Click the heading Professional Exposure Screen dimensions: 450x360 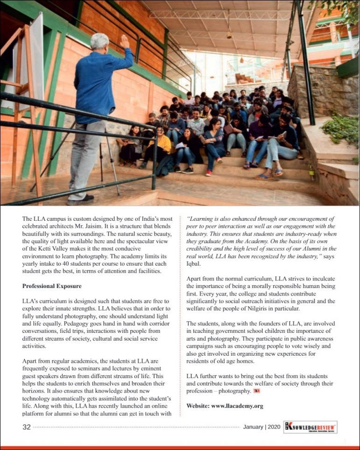[51, 286]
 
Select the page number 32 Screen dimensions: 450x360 [27, 427]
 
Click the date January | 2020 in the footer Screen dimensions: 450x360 [261, 427]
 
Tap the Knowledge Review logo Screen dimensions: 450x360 [310, 427]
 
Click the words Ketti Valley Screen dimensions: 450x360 [58, 248]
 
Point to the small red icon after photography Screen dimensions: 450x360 [257, 391]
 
